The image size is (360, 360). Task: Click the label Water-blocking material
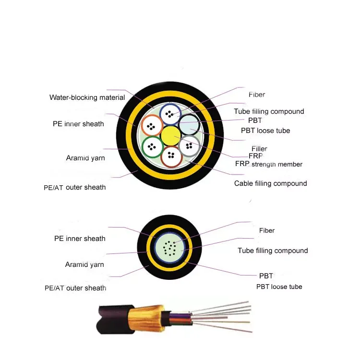tap(87, 97)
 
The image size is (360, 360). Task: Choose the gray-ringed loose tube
tap(189, 145)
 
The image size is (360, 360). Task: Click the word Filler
tap(259, 149)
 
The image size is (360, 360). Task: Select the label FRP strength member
tap(269, 164)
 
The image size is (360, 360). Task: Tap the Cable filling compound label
tap(270, 183)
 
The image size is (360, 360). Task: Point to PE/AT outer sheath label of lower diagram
tap(75, 288)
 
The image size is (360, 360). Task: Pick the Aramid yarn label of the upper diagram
tap(85, 158)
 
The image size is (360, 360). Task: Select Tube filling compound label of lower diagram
tap(273, 251)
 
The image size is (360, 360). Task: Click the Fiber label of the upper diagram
tap(257, 95)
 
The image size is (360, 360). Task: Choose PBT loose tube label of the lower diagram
tap(279, 287)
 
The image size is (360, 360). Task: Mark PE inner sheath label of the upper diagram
tap(78, 124)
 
